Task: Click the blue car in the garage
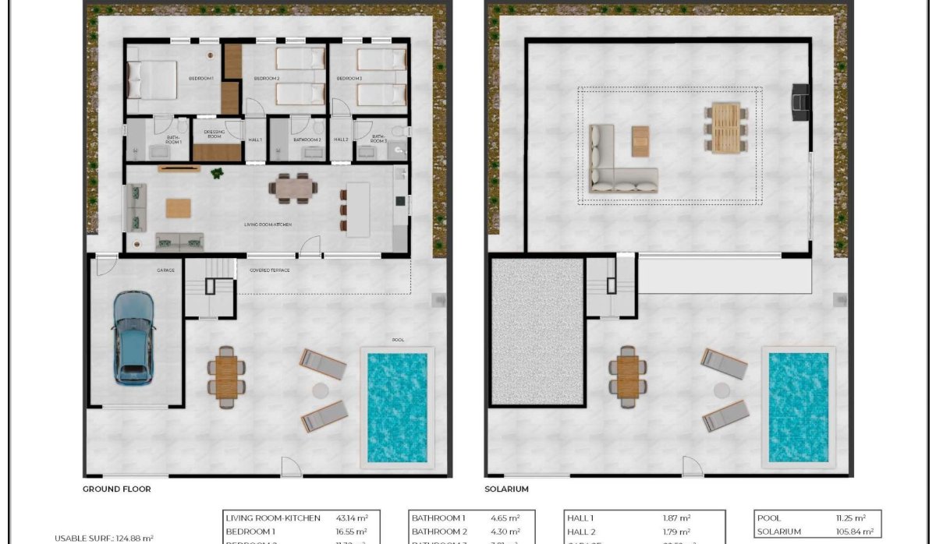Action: click(133, 337)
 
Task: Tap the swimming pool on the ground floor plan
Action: click(397, 407)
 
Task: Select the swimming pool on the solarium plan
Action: click(799, 407)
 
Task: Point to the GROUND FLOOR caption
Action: click(116, 489)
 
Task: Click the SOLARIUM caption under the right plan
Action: click(506, 489)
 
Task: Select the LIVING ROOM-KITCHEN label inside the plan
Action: click(268, 224)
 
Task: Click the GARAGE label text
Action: click(165, 270)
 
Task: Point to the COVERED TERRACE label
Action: click(269, 270)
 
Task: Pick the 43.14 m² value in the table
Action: click(352, 518)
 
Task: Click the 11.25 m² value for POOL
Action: click(849, 518)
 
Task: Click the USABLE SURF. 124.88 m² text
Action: click(104, 538)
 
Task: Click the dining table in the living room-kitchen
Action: click(294, 188)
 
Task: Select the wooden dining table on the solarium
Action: click(725, 127)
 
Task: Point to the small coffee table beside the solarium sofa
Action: click(640, 141)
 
